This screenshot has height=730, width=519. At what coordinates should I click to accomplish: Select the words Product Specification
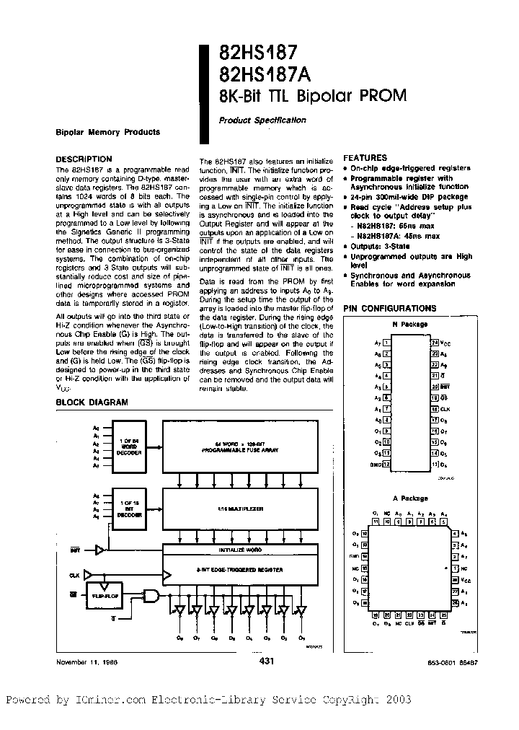(262, 120)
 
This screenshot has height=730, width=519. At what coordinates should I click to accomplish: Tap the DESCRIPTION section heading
(84, 159)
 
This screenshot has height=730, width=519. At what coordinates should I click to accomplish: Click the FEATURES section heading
(365, 157)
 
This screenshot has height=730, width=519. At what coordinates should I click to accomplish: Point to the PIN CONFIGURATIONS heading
(389, 308)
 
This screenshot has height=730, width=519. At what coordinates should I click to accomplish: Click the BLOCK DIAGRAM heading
(92, 403)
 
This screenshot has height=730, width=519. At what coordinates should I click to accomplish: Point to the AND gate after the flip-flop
(153, 595)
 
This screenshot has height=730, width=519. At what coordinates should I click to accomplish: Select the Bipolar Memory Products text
(107, 132)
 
